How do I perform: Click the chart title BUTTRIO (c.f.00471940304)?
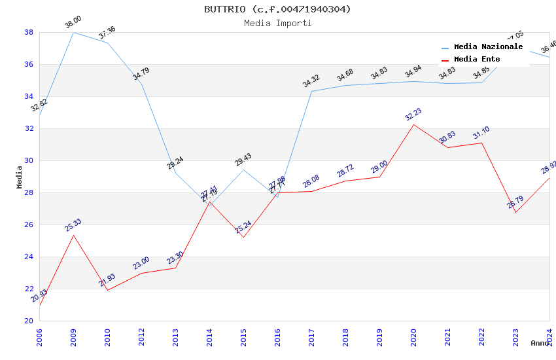pos(277,9)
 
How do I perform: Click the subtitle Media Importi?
pos(277,24)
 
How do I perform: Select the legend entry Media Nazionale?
pos(488,47)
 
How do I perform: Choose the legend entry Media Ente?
pos(477,60)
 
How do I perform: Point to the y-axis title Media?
pos(19,177)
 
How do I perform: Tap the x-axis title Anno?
pos(540,343)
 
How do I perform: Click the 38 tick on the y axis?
pos(29,32)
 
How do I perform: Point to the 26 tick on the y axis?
pos(29,225)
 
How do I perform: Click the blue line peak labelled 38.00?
pos(73,32)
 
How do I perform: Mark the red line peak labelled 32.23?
pos(413,124)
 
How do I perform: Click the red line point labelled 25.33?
pos(73,235)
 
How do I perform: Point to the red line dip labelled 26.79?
pos(515,212)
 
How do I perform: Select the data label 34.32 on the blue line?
pos(311,81)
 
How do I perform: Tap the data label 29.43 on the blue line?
pos(243,160)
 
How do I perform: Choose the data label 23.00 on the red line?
pos(141,263)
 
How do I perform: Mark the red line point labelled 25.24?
pos(243,237)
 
